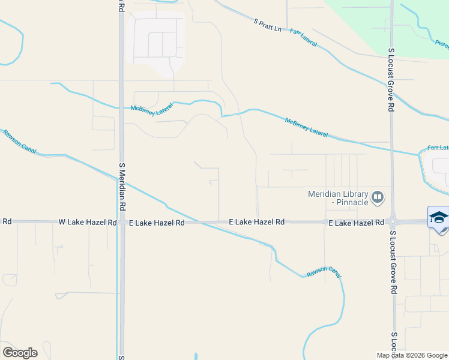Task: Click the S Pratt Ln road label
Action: (267, 25)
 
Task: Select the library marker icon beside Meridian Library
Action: (378, 196)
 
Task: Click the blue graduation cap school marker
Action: (438, 217)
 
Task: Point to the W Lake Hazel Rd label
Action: (88, 222)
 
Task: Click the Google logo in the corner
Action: (20, 353)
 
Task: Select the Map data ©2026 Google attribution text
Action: (412, 355)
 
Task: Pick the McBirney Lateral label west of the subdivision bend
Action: (152, 110)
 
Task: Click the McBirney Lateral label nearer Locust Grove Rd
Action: (306, 127)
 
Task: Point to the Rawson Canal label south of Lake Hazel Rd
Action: (324, 272)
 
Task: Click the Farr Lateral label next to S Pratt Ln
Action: (304, 37)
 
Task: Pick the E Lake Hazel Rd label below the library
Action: (356, 223)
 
